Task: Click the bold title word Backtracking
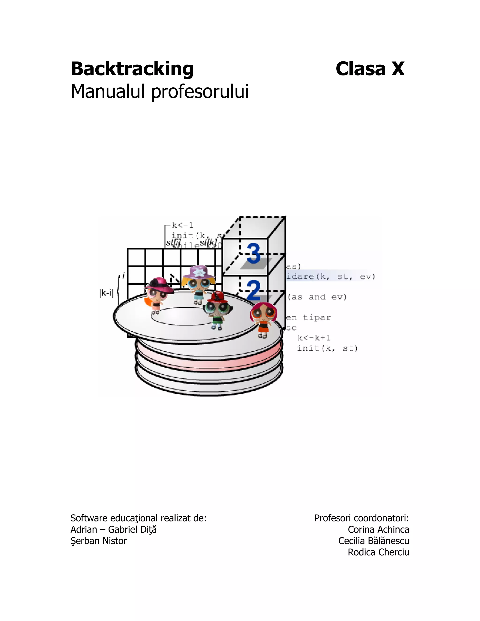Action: [x=132, y=69]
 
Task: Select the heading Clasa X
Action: [x=370, y=69]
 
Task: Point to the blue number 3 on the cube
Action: [x=254, y=254]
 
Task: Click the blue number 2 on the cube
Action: [x=254, y=290]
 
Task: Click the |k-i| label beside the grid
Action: [x=106, y=293]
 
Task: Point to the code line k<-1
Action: [x=183, y=225]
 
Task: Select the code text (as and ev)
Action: [x=317, y=297]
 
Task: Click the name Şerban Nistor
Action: [x=98, y=541]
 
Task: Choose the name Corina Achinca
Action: [x=378, y=529]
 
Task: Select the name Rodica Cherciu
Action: [x=378, y=552]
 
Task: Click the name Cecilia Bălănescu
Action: [x=373, y=541]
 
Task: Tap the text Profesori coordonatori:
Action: [x=361, y=518]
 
